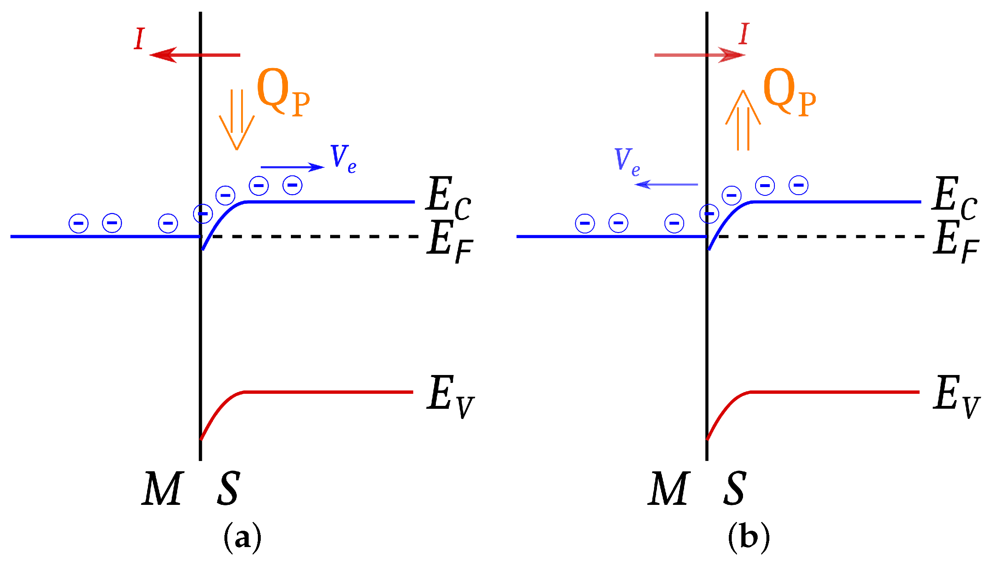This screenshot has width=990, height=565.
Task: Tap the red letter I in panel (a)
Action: pyautogui.click(x=140, y=39)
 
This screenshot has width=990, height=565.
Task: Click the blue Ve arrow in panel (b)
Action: pyautogui.click(x=666, y=184)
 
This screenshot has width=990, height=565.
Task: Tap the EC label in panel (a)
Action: pyautogui.click(x=448, y=197)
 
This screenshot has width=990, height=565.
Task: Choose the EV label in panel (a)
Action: pyautogui.click(x=450, y=396)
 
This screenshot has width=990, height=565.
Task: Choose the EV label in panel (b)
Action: pyautogui.click(x=956, y=396)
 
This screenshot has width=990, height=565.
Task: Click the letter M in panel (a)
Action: pyautogui.click(x=163, y=489)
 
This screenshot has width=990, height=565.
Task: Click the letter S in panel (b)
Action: pyautogui.click(x=735, y=489)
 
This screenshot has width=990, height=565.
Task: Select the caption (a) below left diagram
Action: pyautogui.click(x=242, y=538)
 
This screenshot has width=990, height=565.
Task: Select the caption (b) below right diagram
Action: pyautogui.click(x=748, y=538)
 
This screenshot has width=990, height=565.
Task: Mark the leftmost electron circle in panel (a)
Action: pyautogui.click(x=79, y=223)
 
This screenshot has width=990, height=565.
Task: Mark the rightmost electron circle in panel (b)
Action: pyautogui.click(x=798, y=185)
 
